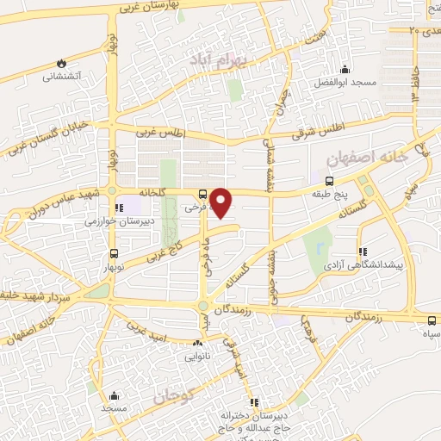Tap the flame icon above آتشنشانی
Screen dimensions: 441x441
point(61,63)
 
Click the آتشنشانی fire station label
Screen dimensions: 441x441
point(62,76)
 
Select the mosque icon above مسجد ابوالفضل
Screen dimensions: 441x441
point(345,70)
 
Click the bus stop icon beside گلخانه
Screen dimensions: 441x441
point(202,194)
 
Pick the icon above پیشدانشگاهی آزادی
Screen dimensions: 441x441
point(363,228)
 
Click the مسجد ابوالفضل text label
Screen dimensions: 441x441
point(345,83)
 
